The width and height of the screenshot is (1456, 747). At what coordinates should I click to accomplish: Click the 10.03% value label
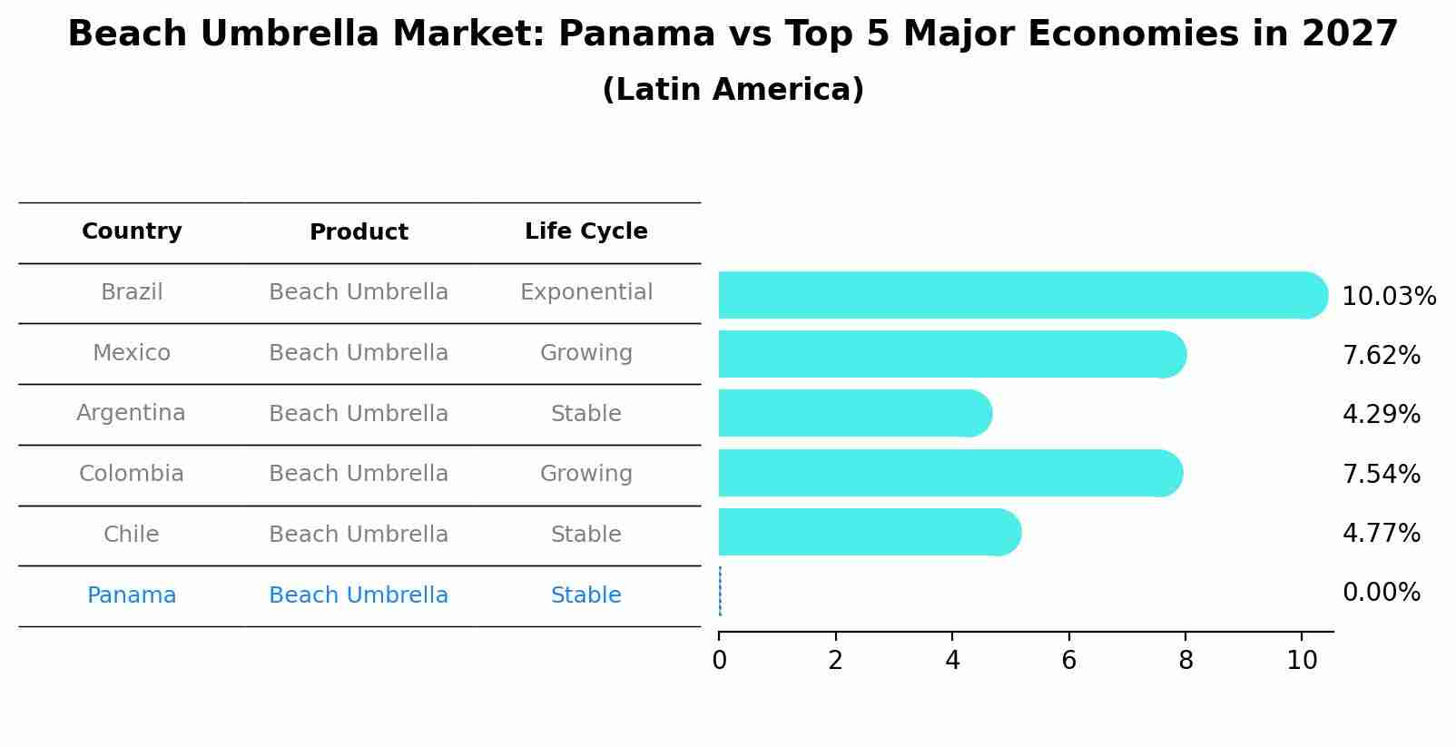1388,297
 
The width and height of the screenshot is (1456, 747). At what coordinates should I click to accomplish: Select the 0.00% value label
1381,593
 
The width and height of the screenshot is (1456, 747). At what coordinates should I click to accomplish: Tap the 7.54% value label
1381,474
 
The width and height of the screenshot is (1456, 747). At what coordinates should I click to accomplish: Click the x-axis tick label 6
1068,661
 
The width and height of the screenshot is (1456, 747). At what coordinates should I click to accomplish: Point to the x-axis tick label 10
1301,661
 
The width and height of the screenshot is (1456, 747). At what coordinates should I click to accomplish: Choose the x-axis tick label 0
719,661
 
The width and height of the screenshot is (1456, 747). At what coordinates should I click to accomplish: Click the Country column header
132,231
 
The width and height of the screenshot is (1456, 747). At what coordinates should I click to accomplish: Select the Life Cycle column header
585,231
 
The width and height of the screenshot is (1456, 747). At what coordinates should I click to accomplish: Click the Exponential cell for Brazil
585,292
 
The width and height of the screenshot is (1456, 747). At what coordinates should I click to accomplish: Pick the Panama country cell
132,595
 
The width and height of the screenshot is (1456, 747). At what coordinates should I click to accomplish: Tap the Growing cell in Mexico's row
585,353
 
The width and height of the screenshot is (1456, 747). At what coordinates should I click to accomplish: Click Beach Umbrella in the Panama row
359,595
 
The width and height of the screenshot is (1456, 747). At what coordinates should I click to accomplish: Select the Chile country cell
132,535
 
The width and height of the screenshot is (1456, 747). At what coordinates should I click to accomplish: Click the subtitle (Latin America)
733,90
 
